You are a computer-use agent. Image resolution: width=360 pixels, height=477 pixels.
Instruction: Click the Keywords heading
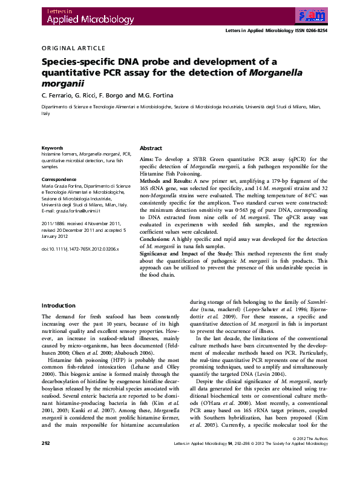52,148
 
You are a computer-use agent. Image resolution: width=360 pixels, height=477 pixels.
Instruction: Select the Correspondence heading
59,179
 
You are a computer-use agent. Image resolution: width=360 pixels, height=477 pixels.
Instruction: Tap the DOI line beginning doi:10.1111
80,249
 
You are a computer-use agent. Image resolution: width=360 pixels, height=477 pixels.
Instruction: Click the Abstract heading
151,148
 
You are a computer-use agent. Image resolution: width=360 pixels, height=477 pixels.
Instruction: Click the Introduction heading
57,306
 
